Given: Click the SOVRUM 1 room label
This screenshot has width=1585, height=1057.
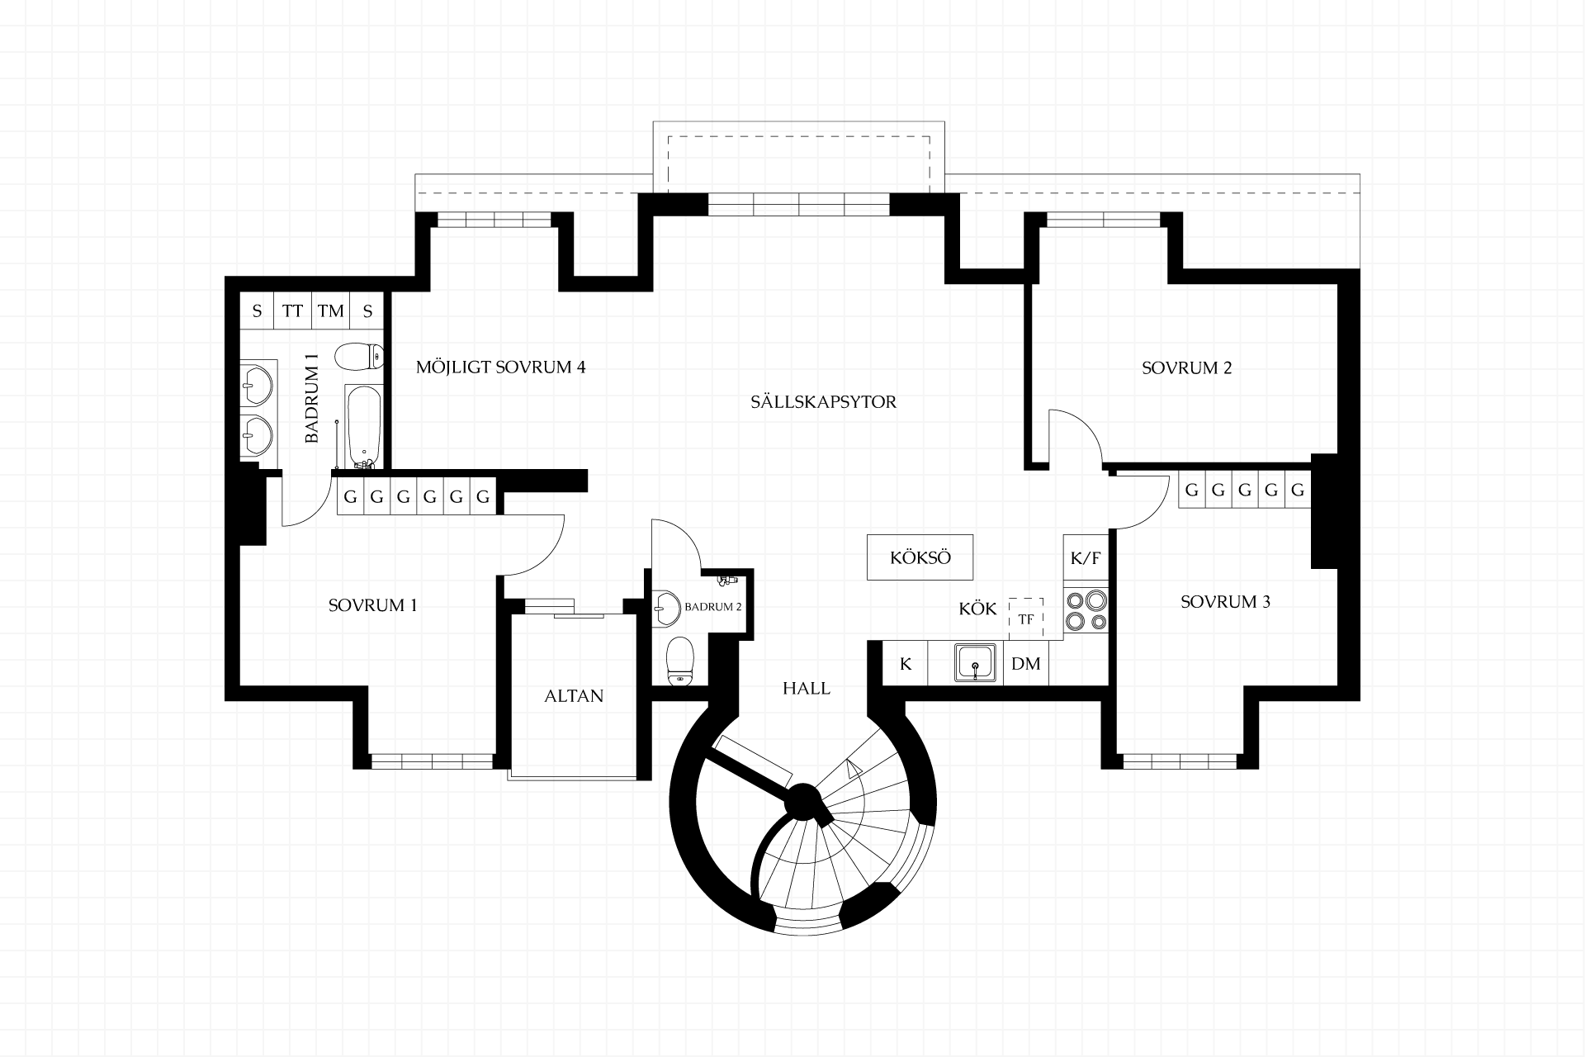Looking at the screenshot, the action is pos(372,605).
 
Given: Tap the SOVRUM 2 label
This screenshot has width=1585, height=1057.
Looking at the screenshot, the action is pos(1186,368).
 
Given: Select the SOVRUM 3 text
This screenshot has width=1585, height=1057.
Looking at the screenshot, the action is pos(1225,602).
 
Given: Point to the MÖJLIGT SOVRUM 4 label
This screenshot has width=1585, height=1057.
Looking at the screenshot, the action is pos(500,367).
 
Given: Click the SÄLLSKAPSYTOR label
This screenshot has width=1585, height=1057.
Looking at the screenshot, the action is pos(823,402).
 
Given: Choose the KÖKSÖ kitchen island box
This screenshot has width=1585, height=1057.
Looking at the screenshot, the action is pos(920,557).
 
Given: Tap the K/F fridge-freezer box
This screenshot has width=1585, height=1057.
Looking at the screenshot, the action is pos(1085,558).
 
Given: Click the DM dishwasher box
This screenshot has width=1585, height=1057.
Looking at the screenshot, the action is pos(1026,663).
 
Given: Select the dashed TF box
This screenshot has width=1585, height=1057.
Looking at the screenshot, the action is pos(1026,619).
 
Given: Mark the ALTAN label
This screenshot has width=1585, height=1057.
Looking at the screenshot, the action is pos(574,696).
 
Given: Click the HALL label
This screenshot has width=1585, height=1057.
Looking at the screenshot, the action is pos(807,689).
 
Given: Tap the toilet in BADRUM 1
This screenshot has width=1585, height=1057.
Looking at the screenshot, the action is pos(359,358).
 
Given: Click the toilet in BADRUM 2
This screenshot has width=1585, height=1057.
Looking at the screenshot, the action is pos(679,660).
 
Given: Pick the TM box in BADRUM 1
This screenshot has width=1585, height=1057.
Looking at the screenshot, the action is pos(331,311).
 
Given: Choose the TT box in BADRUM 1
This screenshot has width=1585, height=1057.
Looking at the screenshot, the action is pos(293,311).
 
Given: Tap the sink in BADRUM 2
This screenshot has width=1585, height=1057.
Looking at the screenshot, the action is pos(665,607).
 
